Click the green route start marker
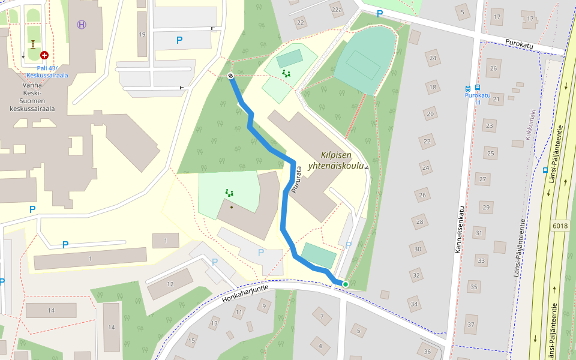click(x=346, y=284)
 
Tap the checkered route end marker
click(x=230, y=76)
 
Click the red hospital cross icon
click(x=44, y=55)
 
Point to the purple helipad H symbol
click(x=82, y=24)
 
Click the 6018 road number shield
click(x=559, y=226)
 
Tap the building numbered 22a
click(x=337, y=10)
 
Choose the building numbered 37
click(x=471, y=325)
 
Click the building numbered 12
click(x=170, y=284)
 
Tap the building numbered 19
click(x=142, y=34)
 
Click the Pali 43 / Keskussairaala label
click(x=47, y=72)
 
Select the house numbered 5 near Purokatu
click(x=462, y=11)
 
